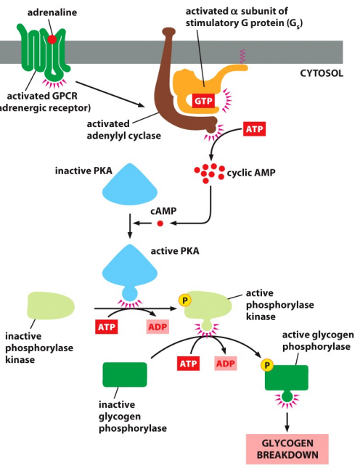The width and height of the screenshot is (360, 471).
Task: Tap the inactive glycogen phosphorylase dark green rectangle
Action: point(124,375)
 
